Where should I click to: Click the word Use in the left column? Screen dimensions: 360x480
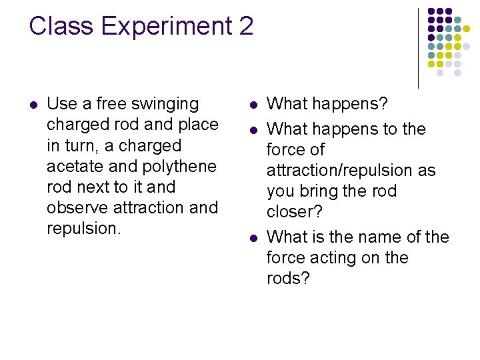(62, 104)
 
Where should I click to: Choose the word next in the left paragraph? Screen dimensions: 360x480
(89, 187)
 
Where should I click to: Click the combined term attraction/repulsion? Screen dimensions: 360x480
(351, 171)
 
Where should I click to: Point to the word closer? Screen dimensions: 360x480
(295, 212)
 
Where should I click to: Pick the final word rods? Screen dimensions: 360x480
(289, 279)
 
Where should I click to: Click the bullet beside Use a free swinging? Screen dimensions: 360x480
(33, 105)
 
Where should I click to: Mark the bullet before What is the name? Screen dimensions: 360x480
(253, 238)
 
